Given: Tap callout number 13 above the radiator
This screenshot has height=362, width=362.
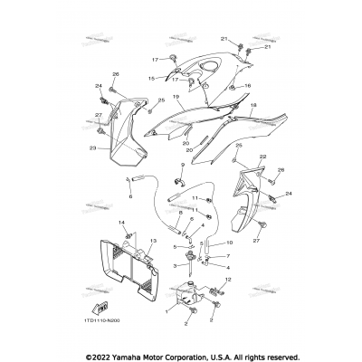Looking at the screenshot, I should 153,242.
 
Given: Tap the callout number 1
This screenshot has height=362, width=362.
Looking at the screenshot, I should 166,311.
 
